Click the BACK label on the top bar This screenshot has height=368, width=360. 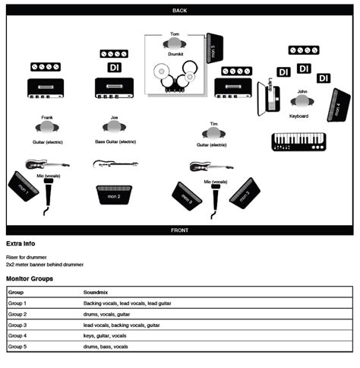pos(179,11)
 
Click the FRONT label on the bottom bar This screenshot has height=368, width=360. pos(179,230)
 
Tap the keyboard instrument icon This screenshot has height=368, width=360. pos(298,141)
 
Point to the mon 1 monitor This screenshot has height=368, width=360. pos(23,186)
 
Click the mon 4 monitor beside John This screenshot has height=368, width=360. pos(334,106)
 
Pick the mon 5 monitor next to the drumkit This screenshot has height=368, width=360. pos(213,49)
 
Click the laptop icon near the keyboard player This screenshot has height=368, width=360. pos(269,97)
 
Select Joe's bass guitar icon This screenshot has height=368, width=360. pos(115,163)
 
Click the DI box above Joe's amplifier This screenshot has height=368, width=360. pos(114,67)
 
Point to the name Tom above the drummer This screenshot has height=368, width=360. pos(175,34)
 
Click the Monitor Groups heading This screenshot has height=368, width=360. pos(30,279)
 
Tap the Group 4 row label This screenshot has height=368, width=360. pos(17,335)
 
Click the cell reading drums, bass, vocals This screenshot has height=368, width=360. pos(106,346)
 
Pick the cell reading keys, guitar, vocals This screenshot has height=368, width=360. pos(105,335)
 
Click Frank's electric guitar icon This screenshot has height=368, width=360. pos(47,163)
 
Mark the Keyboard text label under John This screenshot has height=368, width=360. pos(298,116)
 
